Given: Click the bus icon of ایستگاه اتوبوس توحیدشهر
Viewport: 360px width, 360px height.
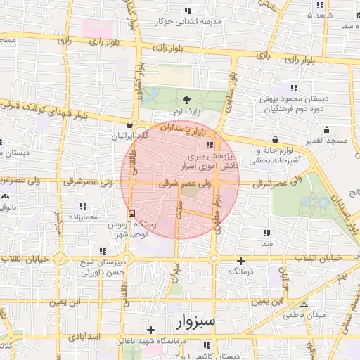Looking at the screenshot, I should [131, 212].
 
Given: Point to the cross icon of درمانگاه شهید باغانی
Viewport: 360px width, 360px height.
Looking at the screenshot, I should [150, 329].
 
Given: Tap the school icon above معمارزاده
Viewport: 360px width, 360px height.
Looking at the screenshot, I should [83, 206].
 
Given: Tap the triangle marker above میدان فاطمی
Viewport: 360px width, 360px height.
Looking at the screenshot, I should [304, 304].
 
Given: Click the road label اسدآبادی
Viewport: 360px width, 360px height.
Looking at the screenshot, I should [105, 337].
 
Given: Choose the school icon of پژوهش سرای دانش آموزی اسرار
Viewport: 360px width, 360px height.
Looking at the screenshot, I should [209, 146].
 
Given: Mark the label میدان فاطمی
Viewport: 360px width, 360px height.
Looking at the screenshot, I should [303, 316].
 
